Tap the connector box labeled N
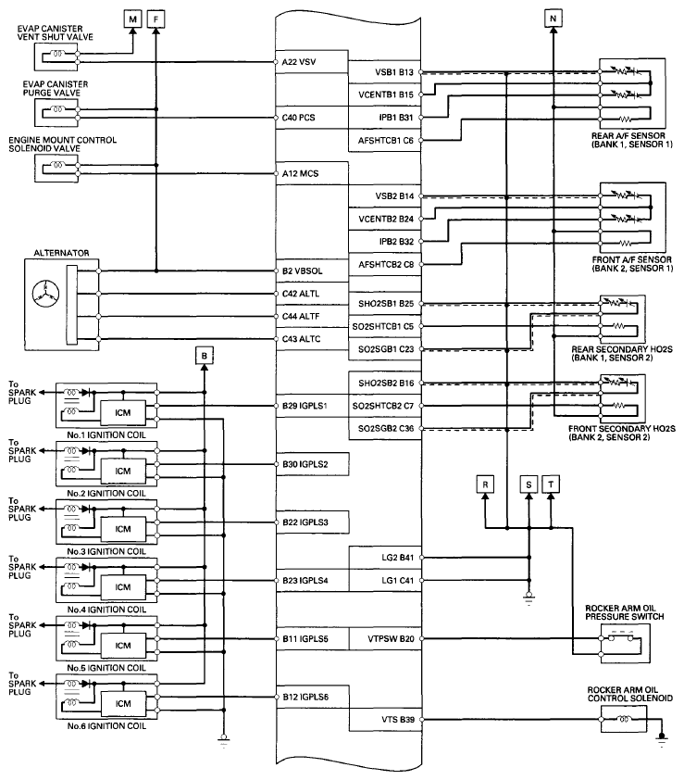553,18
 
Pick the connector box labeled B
205,353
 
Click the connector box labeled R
486,484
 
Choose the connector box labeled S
529,484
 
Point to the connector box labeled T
552,484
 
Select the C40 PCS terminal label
299,119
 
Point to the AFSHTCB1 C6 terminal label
385,141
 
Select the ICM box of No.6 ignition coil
123,702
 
